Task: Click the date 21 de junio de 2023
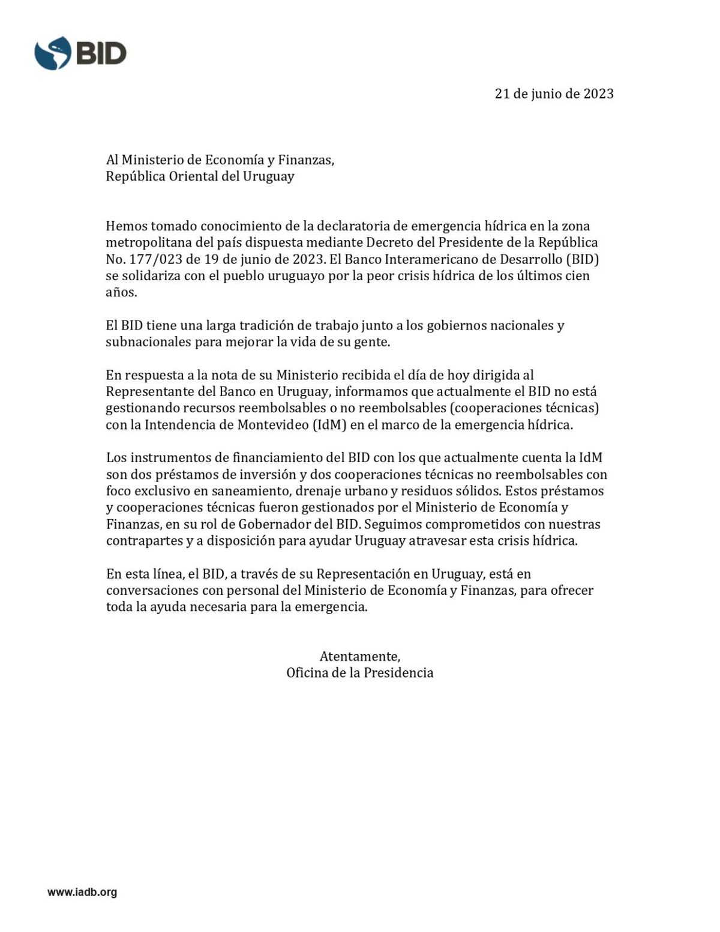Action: [554, 94]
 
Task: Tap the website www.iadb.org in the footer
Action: [82, 892]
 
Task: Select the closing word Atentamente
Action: [359, 656]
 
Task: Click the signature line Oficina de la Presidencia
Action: [359, 673]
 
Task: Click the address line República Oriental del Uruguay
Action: [200, 176]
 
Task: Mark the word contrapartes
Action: [143, 540]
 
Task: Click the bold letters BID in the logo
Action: [100, 53]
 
